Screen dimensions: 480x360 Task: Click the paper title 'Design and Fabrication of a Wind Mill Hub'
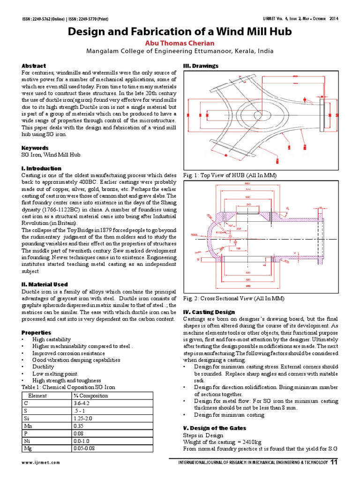[x=180, y=32]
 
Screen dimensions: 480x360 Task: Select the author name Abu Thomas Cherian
[x=180, y=42]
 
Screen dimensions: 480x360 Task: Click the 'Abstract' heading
[x=33, y=66]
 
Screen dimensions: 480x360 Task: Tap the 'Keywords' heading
[x=35, y=148]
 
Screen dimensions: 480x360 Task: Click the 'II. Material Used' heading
[x=45, y=284]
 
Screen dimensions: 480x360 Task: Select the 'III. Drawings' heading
[x=200, y=66]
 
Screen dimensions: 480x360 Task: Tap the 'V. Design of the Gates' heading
[x=213, y=428]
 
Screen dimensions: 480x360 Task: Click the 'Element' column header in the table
[x=37, y=396]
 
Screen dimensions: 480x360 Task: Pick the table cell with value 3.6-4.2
[x=81, y=403]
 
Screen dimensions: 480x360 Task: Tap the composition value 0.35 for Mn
[x=78, y=426]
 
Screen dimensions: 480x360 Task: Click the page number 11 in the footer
[x=333, y=462]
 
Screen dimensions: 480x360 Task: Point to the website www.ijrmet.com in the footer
[x=40, y=463]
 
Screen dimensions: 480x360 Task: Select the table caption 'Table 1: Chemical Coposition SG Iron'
[x=68, y=387]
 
